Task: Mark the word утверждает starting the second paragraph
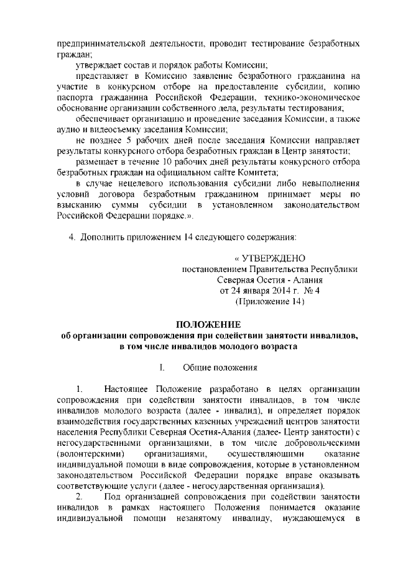tap(97, 65)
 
